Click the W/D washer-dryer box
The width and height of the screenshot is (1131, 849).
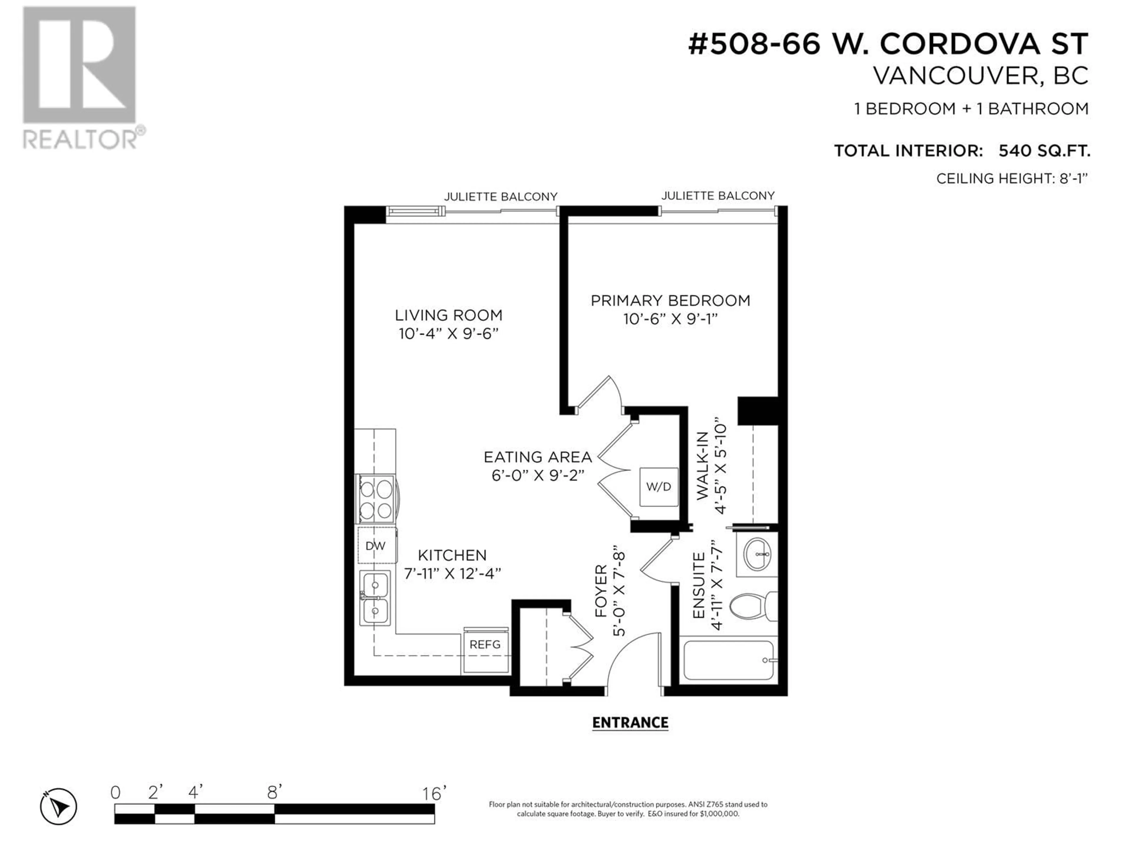pyautogui.click(x=659, y=487)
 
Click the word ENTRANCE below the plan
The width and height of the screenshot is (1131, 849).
pyautogui.click(x=630, y=723)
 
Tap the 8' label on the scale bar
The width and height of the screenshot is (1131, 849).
pyautogui.click(x=275, y=793)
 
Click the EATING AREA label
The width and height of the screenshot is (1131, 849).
pyautogui.click(x=538, y=457)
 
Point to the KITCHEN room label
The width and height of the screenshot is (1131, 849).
pyautogui.click(x=452, y=555)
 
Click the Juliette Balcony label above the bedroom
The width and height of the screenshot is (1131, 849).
pyautogui.click(x=718, y=195)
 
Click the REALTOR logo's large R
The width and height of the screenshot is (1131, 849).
pyautogui.click(x=79, y=65)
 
